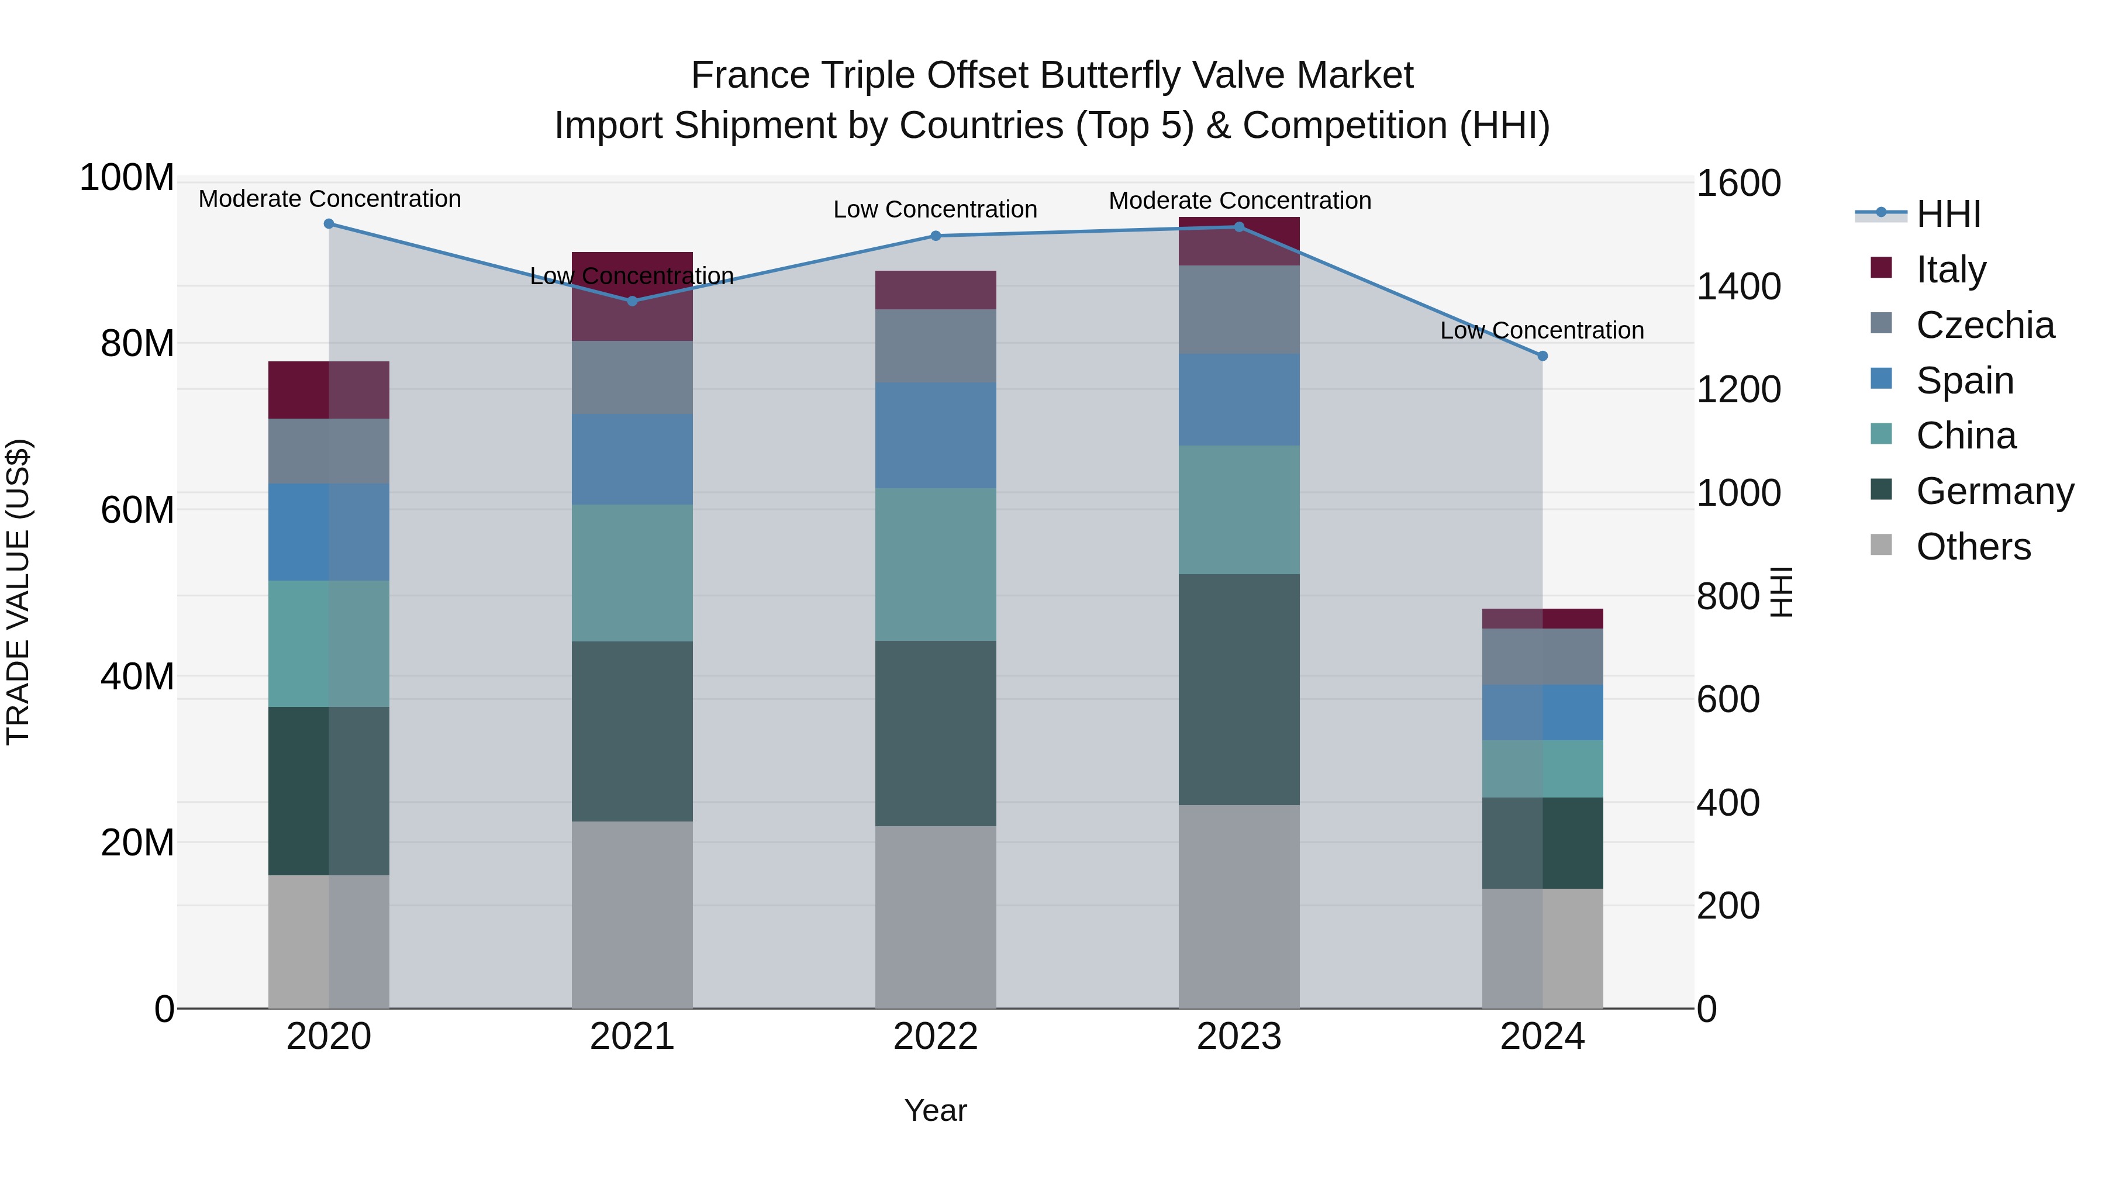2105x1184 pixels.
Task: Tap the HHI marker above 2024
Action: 1542,356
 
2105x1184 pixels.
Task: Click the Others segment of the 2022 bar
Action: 935,916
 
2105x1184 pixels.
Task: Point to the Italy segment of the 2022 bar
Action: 935,289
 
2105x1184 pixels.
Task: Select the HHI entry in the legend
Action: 1948,214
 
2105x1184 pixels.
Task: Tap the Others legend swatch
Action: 1880,545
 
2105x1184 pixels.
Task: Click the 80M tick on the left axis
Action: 136,343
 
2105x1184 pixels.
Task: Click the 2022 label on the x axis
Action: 935,1036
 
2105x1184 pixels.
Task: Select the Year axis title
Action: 935,1110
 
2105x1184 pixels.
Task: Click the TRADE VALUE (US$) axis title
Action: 18,592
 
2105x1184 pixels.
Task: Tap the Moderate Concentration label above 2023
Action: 1239,200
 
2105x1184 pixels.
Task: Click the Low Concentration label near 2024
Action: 1541,330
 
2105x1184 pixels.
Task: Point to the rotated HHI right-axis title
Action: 1780,592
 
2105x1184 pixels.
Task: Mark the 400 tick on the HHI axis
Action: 1727,802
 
